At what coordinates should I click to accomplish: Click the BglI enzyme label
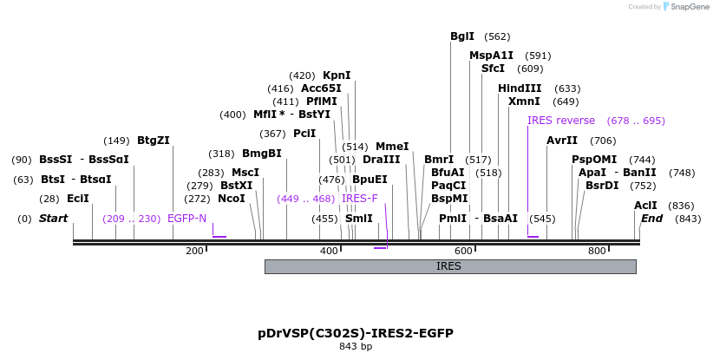click(x=462, y=36)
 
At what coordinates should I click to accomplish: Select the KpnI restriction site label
click(x=337, y=75)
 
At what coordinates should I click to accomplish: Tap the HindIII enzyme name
click(x=520, y=88)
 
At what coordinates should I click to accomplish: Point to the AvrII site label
click(x=562, y=141)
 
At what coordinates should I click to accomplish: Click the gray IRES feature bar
click(x=450, y=266)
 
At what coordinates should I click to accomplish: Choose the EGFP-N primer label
click(x=186, y=219)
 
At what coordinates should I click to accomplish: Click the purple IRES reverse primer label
click(x=561, y=121)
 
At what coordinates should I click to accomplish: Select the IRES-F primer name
click(x=360, y=199)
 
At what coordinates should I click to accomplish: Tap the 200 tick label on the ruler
click(x=194, y=251)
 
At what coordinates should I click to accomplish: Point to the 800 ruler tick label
click(x=597, y=251)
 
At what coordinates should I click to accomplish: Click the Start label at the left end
click(x=53, y=219)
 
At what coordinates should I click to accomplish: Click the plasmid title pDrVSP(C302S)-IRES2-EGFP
click(x=356, y=333)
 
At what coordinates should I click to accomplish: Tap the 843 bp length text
click(x=356, y=347)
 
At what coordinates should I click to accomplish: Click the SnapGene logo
click(x=685, y=7)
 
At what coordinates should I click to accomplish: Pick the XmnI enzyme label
click(x=524, y=101)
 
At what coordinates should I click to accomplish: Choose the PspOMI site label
click(x=594, y=160)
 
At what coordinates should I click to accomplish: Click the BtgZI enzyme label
click(x=154, y=141)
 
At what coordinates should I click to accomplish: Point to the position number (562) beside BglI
click(x=497, y=36)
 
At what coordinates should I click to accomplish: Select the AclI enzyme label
click(x=645, y=206)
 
